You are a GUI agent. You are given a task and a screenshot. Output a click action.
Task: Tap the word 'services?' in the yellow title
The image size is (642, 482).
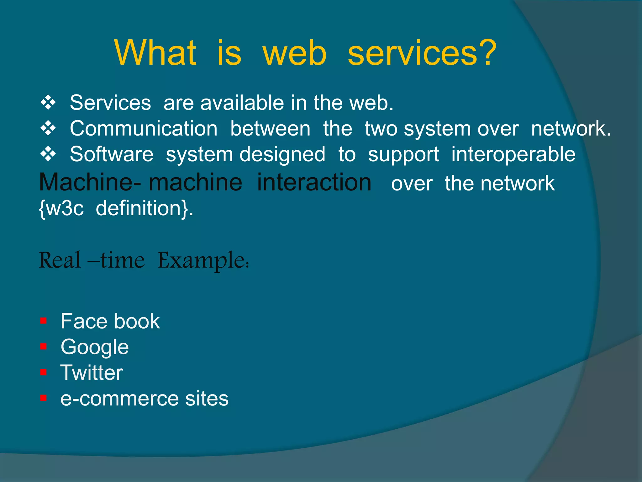pos(422,53)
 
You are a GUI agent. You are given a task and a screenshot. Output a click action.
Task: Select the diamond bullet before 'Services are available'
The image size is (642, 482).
pos(48,103)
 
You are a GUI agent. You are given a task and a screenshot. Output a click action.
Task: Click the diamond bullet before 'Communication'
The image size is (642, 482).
pos(48,128)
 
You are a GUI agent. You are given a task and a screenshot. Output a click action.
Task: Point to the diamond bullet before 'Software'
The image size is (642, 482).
pos(48,154)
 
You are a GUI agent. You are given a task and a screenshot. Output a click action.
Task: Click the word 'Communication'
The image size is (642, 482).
pos(144,129)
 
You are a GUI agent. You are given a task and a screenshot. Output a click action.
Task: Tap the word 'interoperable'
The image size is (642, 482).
pos(513,154)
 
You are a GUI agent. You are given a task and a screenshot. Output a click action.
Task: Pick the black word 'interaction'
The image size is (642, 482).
pos(314,183)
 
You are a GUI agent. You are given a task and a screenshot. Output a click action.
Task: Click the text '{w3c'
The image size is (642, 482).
pos(61,208)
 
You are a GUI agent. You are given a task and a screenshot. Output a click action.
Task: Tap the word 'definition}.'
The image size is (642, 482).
pos(144,208)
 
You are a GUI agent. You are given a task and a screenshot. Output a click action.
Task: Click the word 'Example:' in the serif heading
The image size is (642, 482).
pos(203,260)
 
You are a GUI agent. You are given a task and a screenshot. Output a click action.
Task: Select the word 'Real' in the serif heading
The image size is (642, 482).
pos(60,260)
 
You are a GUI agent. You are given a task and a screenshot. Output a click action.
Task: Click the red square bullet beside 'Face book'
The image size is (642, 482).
pos(43,321)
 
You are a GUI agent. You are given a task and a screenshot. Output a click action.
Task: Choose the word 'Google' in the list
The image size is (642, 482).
pos(95,347)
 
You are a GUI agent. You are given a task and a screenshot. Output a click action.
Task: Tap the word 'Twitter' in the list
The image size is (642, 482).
pos(92,373)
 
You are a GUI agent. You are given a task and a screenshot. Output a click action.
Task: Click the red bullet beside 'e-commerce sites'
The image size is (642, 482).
pos(43,398)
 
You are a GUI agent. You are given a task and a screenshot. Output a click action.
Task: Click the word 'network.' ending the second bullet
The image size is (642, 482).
pos(571,129)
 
